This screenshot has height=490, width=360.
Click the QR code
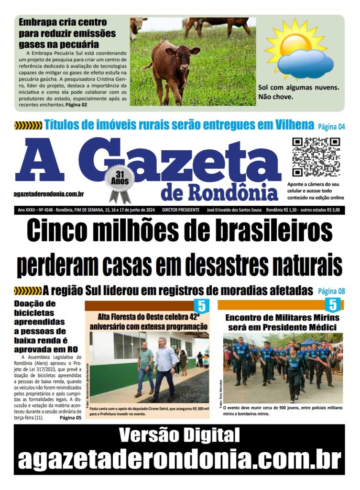[316, 157]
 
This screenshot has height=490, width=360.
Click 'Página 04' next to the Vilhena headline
[331, 127]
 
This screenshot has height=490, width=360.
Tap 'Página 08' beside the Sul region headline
[331, 290]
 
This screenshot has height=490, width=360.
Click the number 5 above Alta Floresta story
[201, 306]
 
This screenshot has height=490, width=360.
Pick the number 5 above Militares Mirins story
[332, 305]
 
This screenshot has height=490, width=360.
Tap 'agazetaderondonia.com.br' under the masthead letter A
[49, 194]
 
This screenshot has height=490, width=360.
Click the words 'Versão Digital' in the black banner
[179, 435]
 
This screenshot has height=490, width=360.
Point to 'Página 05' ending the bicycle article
[70, 418]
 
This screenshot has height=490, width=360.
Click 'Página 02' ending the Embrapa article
[76, 104]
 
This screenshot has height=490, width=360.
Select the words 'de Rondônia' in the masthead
[219, 192]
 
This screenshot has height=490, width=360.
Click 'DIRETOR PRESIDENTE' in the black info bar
[180, 210]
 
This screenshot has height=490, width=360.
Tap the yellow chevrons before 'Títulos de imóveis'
[28, 126]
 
